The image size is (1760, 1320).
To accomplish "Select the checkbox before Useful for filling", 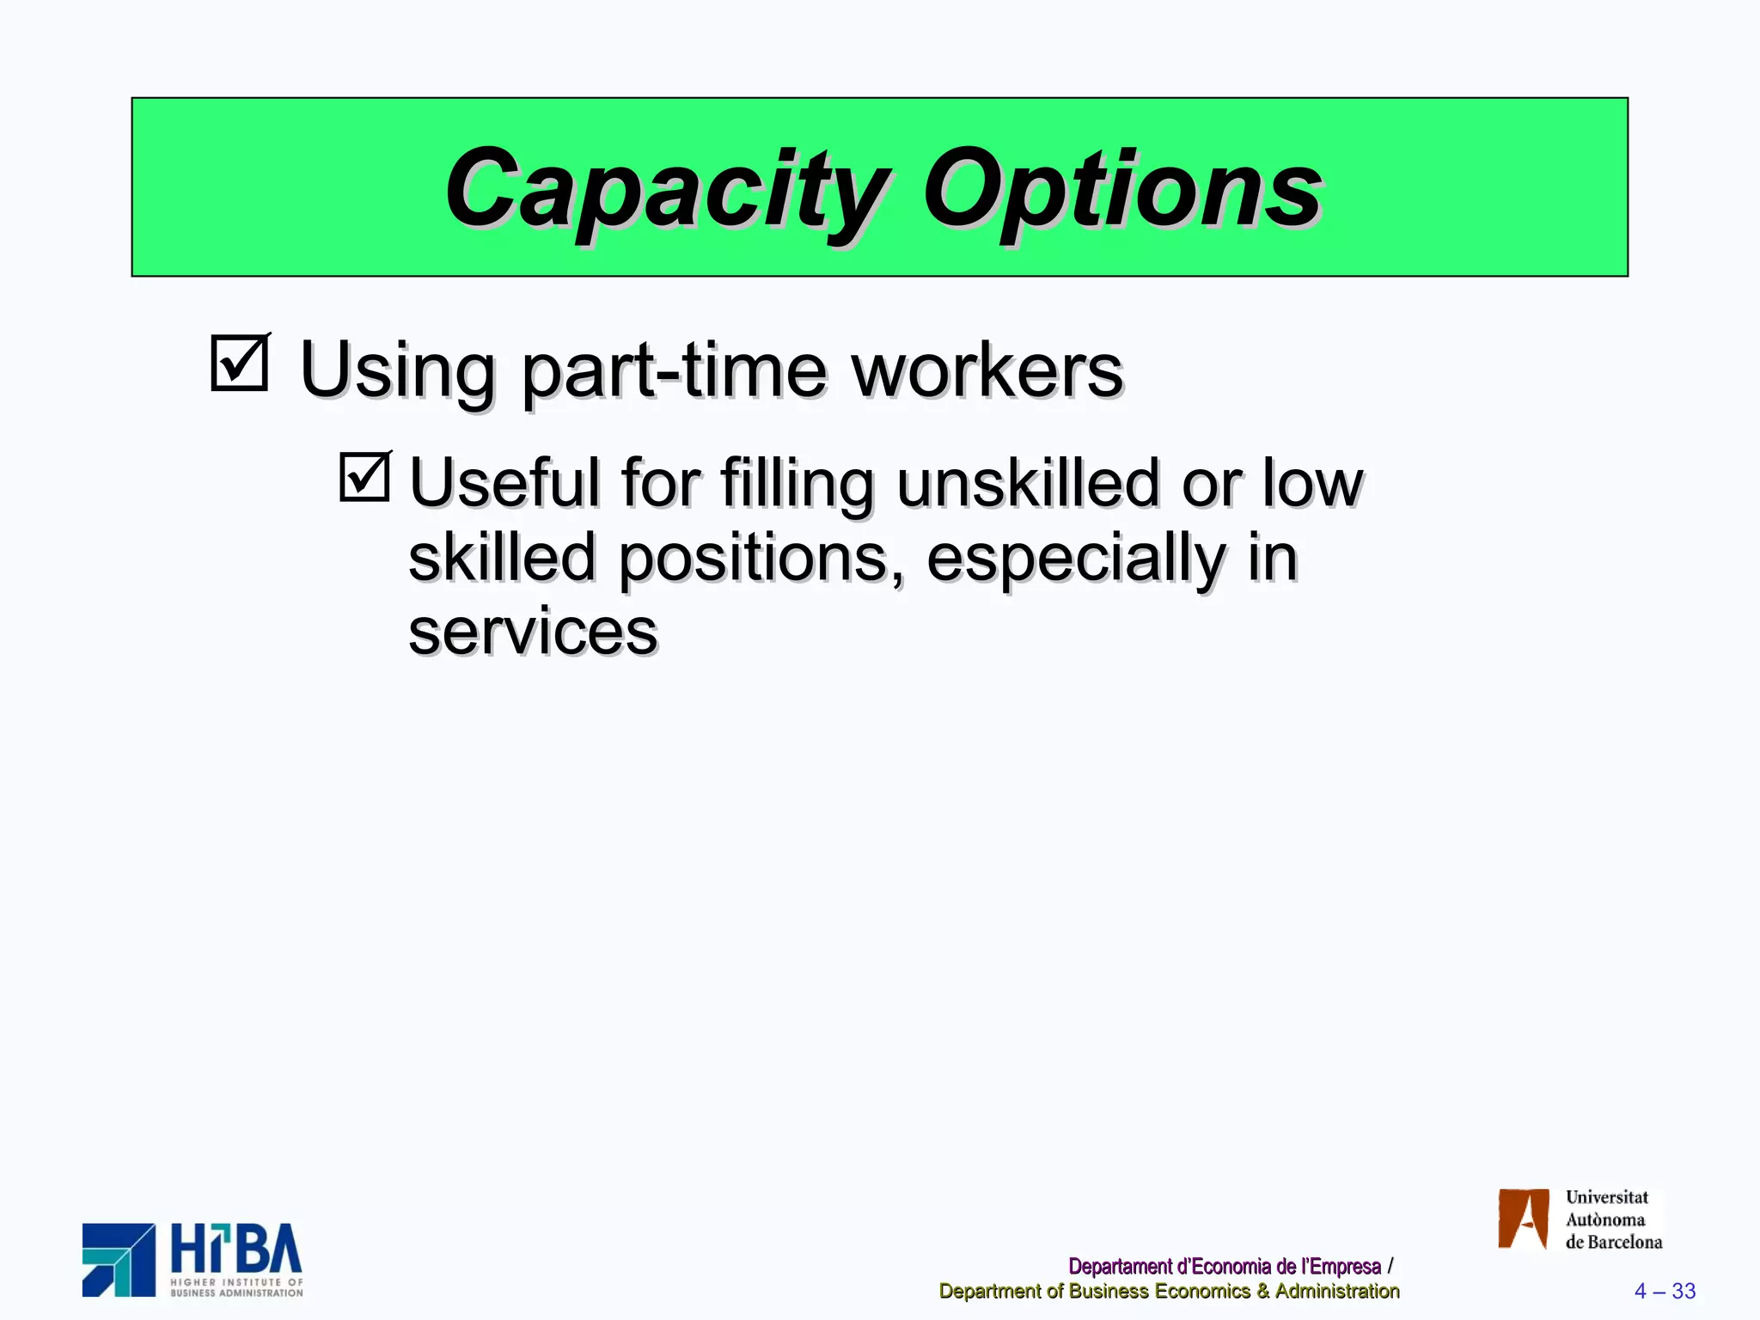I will tap(364, 477).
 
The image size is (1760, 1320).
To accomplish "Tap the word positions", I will tap(761, 559).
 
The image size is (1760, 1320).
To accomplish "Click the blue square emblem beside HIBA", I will tap(119, 1260).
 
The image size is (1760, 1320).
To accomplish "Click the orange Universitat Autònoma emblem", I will tap(1523, 1219).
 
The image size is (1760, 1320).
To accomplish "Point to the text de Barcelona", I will tap(1613, 1242).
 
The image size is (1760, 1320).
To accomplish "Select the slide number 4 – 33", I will tap(1665, 1291).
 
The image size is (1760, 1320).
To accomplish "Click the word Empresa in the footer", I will tap(1345, 1266).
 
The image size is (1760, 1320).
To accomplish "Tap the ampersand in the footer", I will tap(1262, 1291).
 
